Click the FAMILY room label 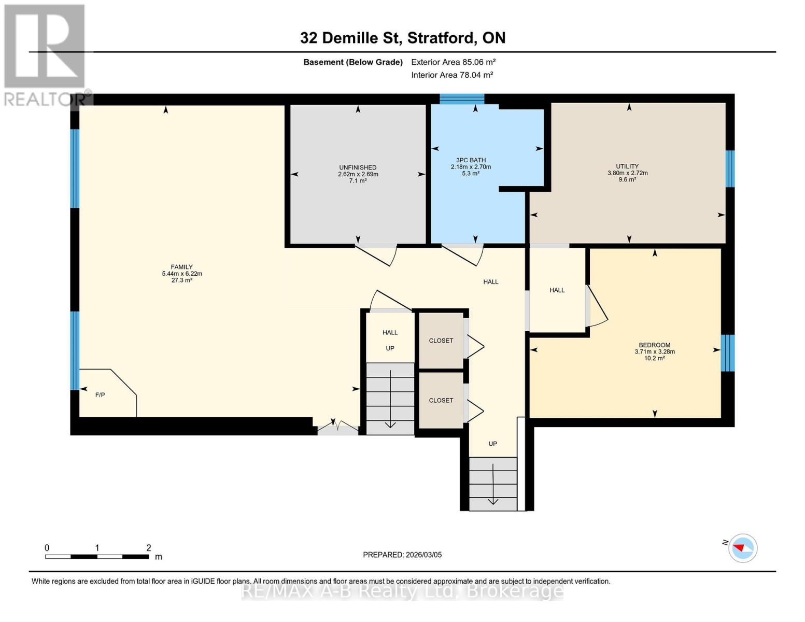181,267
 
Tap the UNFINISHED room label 358,167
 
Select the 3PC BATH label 471,160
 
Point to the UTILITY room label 627,166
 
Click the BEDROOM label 654,345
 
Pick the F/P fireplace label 100,395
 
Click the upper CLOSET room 441,341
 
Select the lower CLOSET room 441,400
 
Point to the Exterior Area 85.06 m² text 453,62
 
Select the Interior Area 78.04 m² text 451,75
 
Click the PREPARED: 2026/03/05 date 402,555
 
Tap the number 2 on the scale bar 149,548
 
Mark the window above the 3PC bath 462,99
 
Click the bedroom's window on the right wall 728,353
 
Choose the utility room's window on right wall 730,168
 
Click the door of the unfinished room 378,255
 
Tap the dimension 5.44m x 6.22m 181,274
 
